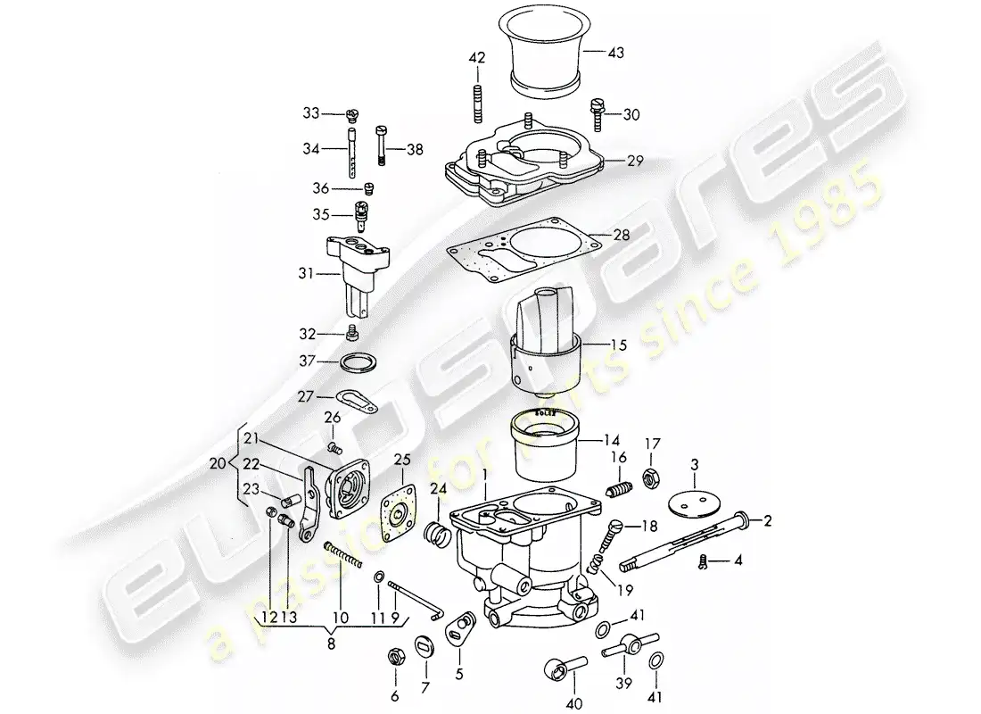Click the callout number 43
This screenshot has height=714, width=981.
(615, 54)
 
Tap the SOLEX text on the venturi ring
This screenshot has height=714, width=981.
(544, 413)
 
